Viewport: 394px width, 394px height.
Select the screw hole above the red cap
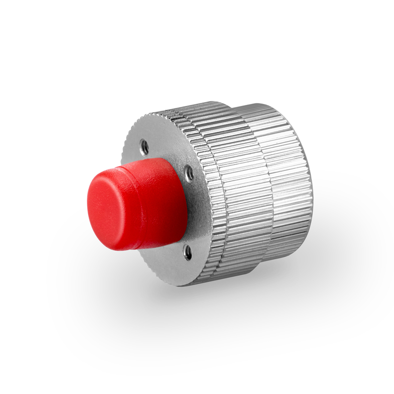144,146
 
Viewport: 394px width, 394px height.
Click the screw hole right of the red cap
189,173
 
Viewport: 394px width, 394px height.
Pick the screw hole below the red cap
187,252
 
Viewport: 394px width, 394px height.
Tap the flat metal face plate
163,256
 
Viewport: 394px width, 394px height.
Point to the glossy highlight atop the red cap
143,167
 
